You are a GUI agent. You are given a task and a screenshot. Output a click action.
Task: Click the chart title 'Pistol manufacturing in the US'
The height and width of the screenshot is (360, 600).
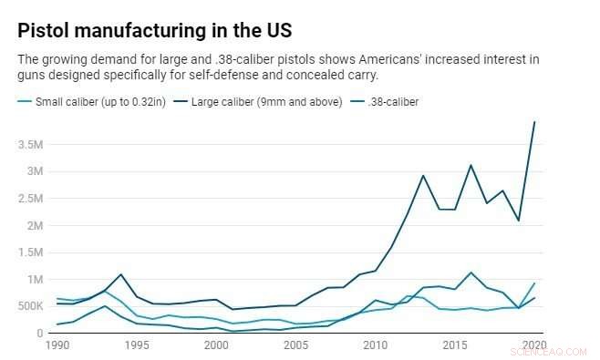(154, 30)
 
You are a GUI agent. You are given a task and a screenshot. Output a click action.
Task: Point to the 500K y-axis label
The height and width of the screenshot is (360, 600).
(27, 306)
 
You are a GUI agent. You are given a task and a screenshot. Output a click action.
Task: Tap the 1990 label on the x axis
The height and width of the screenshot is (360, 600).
(57, 347)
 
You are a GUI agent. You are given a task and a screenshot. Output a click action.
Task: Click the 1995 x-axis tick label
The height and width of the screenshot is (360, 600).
(138, 347)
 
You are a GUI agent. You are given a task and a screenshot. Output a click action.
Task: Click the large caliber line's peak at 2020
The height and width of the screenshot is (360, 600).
(534, 122)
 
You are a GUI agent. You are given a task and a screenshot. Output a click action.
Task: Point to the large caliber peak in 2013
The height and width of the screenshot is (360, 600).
(423, 176)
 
